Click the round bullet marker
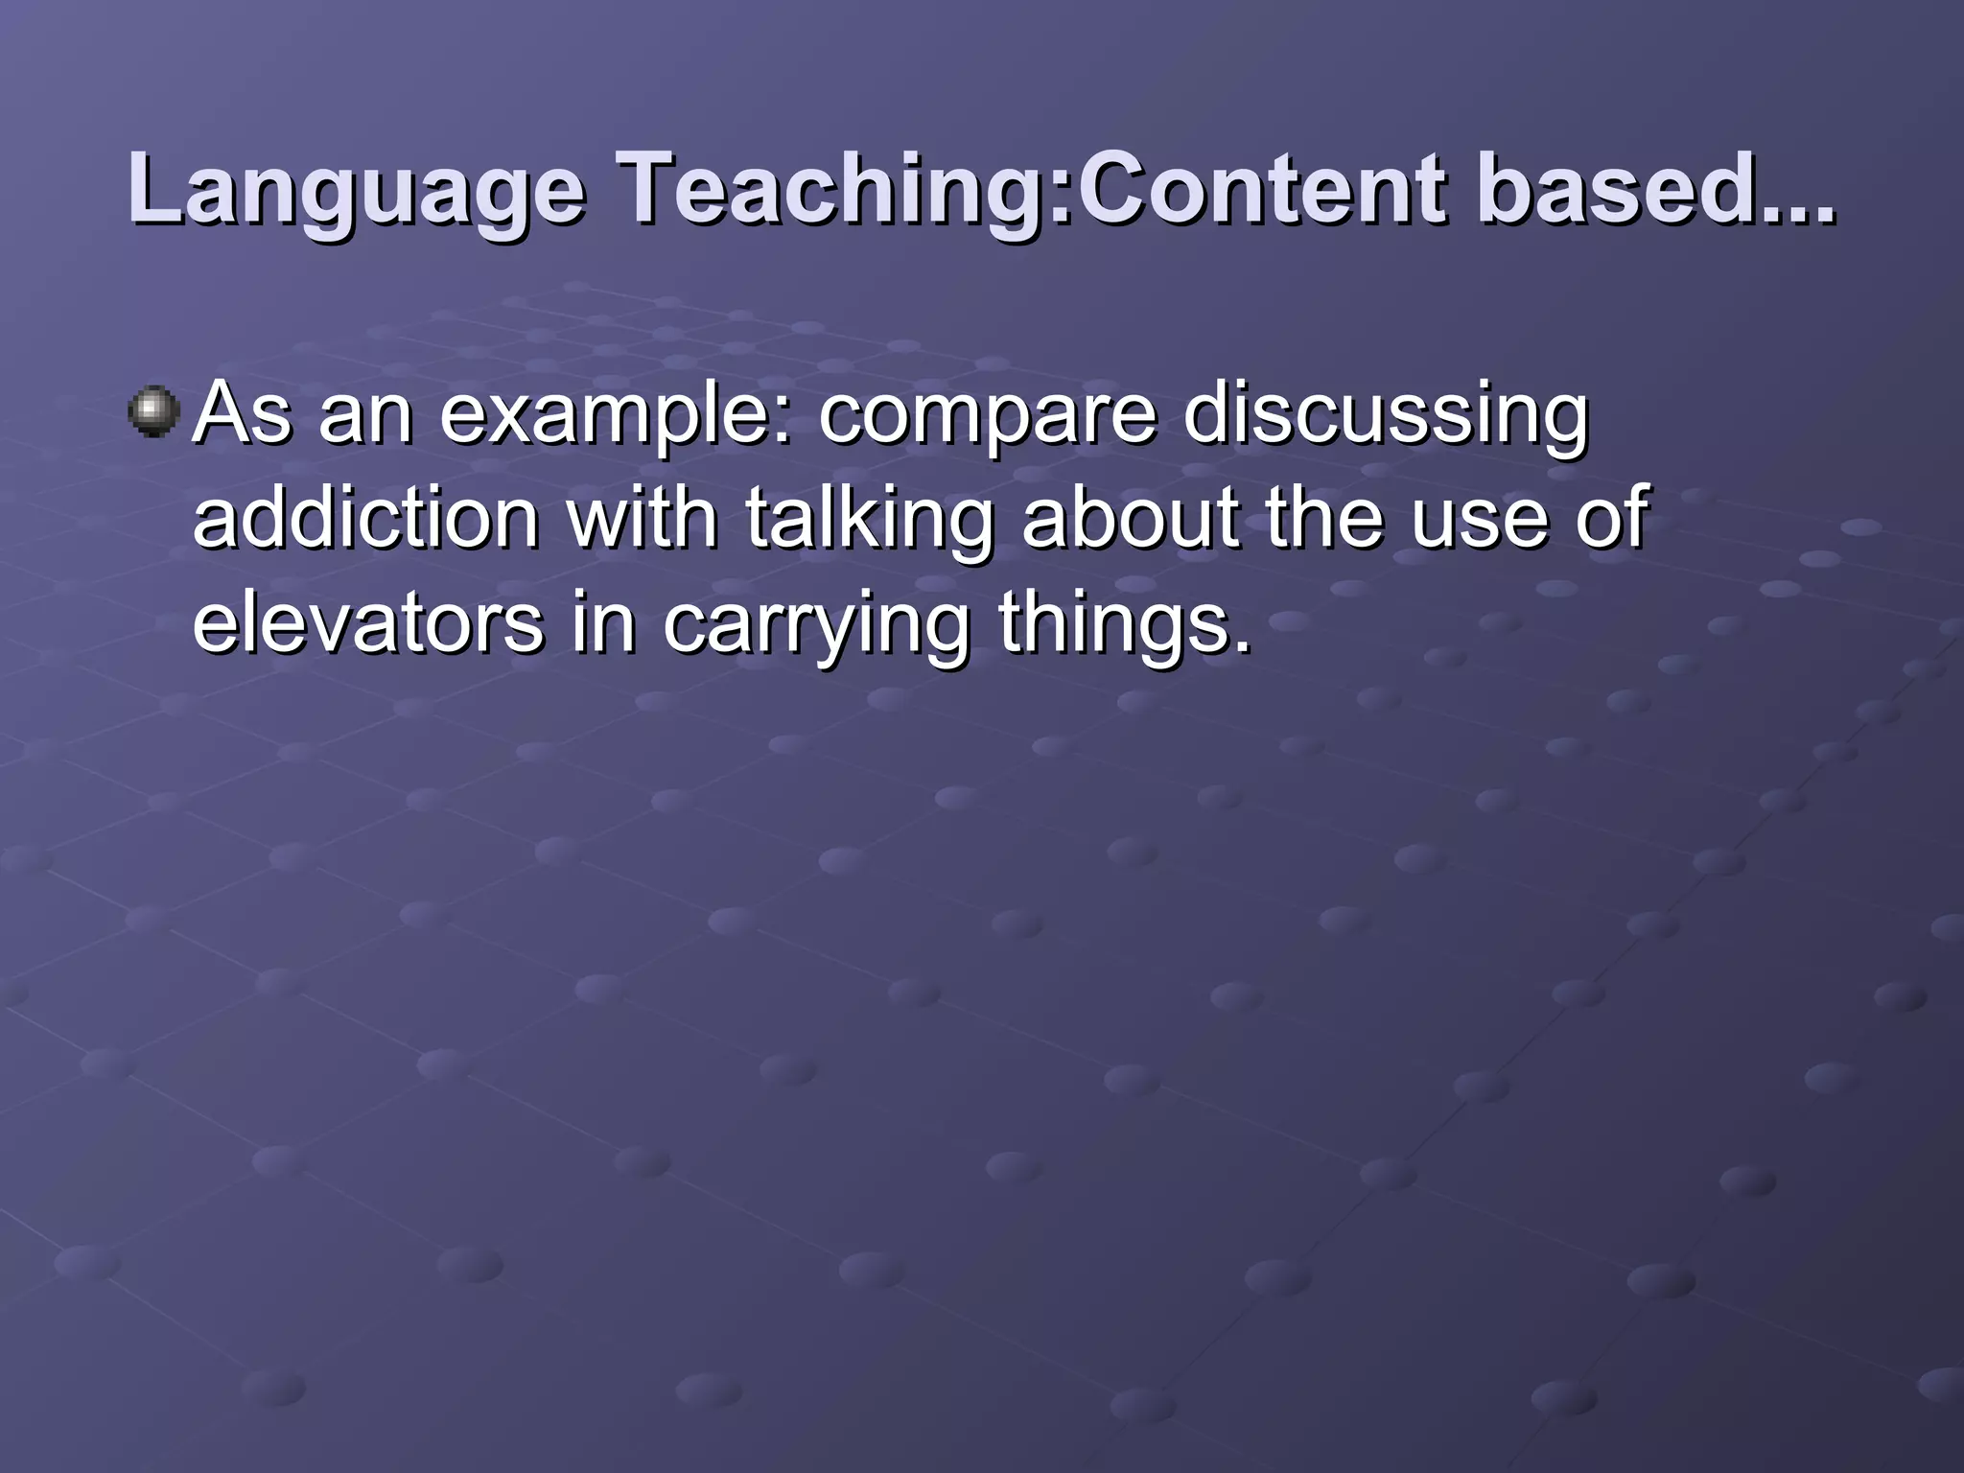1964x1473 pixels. click(x=153, y=412)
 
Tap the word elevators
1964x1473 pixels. click(x=368, y=623)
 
